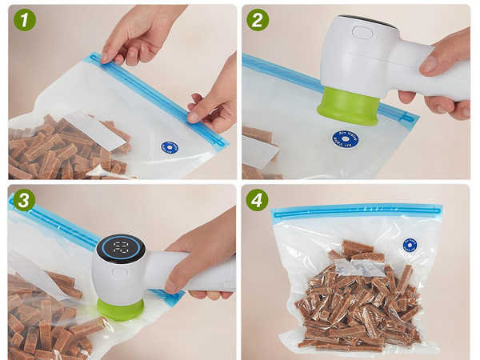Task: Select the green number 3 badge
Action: coord(23,201)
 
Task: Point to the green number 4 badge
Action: coord(258,201)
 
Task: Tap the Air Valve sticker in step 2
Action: coord(346,140)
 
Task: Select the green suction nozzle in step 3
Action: coord(121,309)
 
